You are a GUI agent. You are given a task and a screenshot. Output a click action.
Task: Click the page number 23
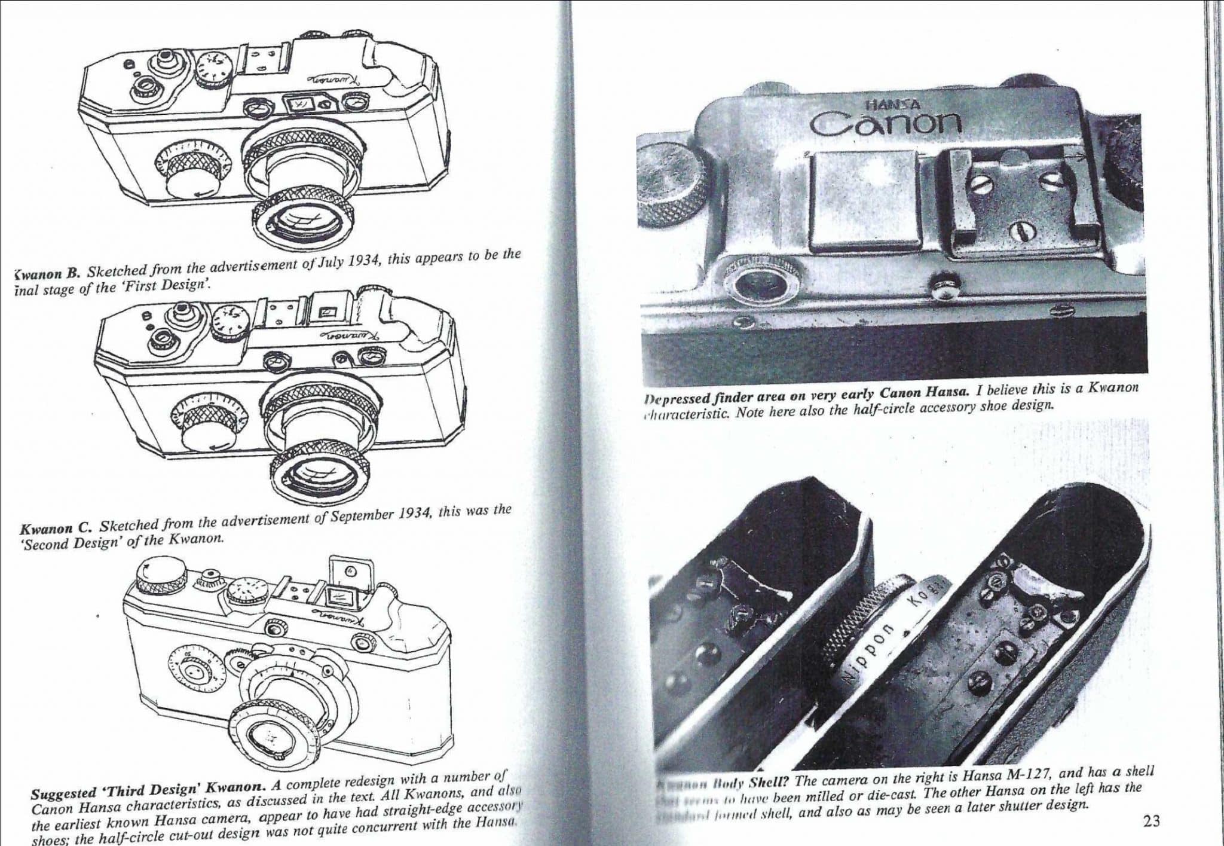click(x=1150, y=821)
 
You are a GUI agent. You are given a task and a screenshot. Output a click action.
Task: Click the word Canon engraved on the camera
click(x=885, y=123)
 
